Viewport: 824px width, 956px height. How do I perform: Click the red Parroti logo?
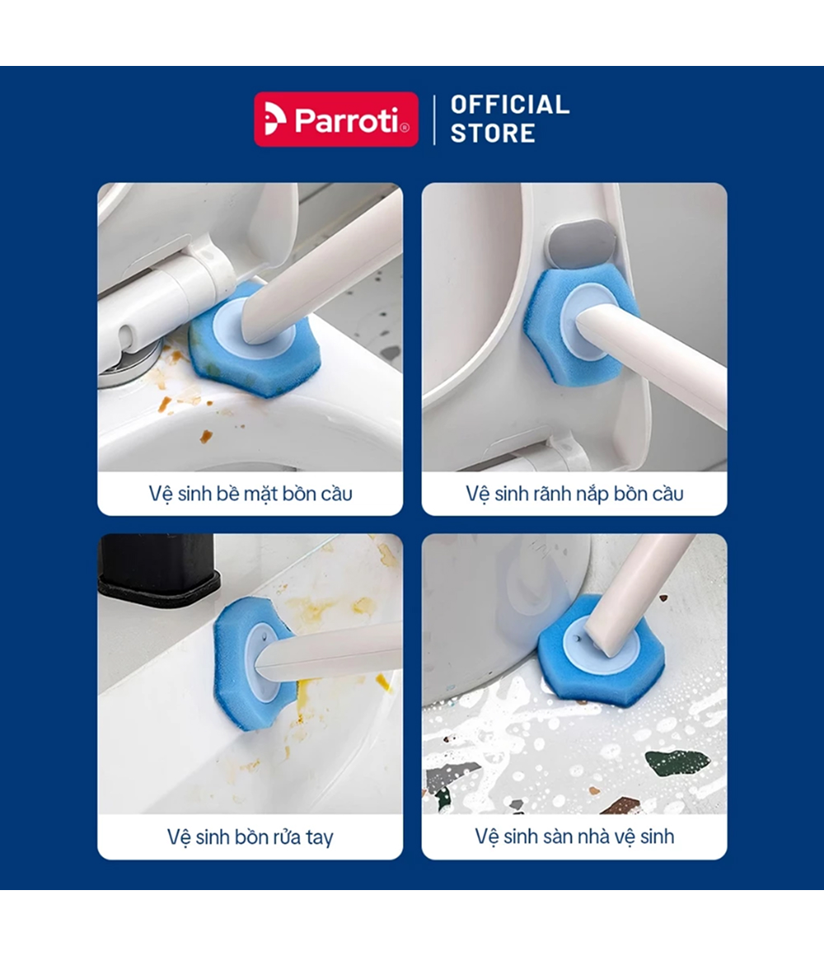pyautogui.click(x=336, y=119)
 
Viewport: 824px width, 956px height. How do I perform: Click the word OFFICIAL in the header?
pyautogui.click(x=510, y=105)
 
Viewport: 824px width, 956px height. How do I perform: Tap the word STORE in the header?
pyautogui.click(x=493, y=133)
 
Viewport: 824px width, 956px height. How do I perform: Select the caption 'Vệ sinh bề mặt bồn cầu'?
pyautogui.click(x=250, y=493)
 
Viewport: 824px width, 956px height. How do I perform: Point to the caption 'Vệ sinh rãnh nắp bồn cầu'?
pyautogui.click(x=574, y=493)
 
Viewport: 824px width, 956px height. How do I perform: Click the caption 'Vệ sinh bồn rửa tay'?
pyautogui.click(x=250, y=837)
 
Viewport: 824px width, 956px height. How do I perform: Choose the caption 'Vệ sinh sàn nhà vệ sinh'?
pyautogui.click(x=574, y=836)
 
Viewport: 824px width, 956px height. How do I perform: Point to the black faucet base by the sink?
pyautogui.click(x=158, y=568)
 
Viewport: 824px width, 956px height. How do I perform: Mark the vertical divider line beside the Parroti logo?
pyautogui.click(x=434, y=119)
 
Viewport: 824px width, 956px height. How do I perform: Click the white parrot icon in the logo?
pyautogui.click(x=274, y=119)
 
